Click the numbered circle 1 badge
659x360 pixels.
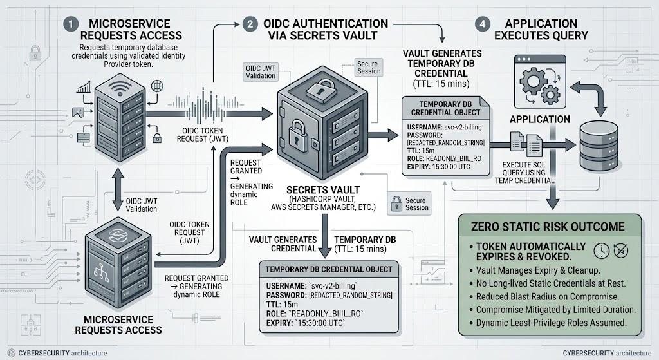(x=71, y=24)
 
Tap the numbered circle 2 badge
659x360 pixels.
(x=250, y=24)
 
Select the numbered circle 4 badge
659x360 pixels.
(x=483, y=24)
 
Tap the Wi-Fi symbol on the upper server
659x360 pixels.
(x=120, y=88)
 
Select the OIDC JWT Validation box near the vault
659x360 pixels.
(x=261, y=72)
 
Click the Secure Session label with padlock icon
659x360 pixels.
(x=409, y=204)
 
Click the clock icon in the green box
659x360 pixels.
(x=602, y=251)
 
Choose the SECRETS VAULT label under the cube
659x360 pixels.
(x=323, y=190)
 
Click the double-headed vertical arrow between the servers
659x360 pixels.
(x=118, y=189)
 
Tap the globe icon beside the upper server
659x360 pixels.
(x=157, y=86)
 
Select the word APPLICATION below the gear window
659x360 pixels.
(x=540, y=119)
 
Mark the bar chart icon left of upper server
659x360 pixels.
(x=84, y=87)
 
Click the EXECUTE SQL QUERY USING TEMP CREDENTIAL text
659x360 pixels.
(x=524, y=173)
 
